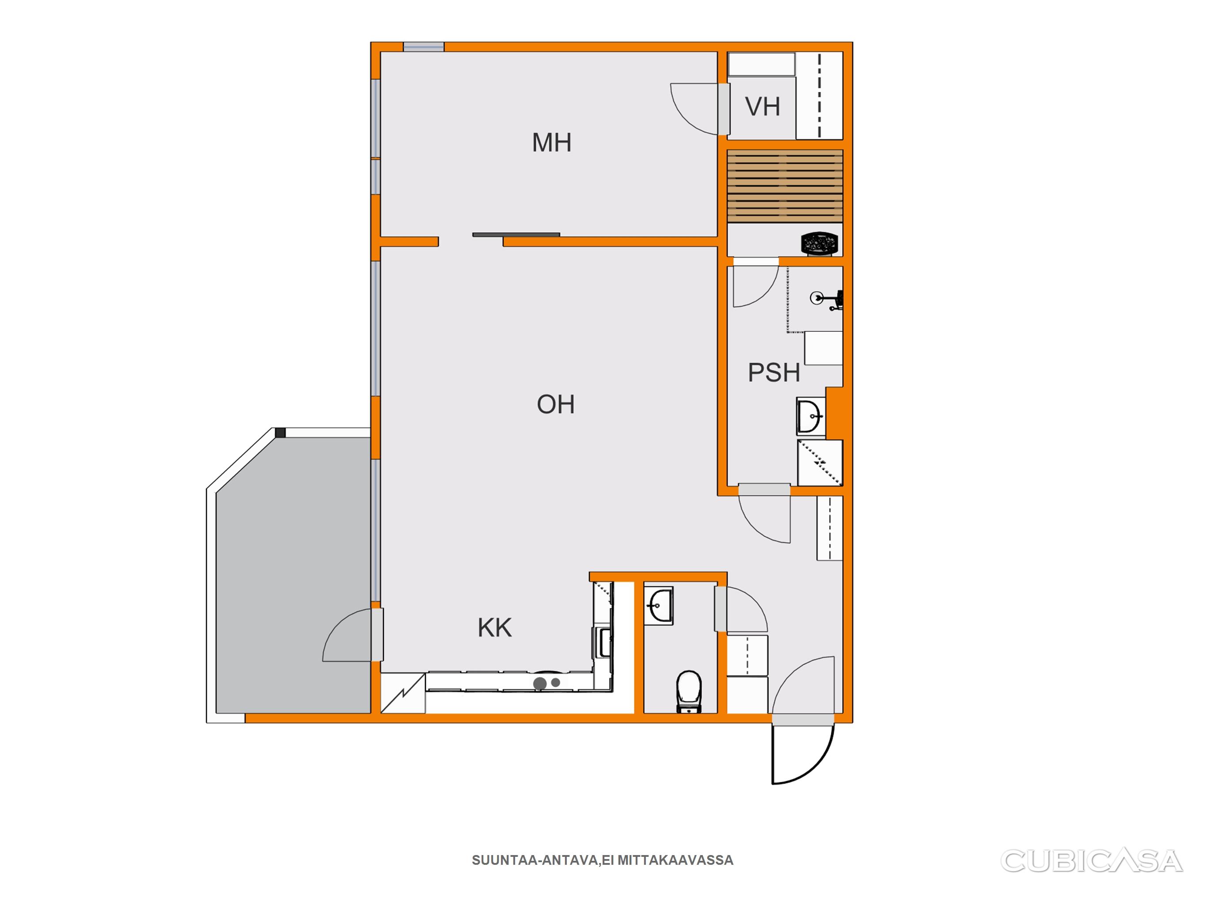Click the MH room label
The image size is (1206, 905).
tap(552, 142)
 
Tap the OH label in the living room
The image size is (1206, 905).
tap(556, 404)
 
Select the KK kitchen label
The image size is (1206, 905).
tap(494, 628)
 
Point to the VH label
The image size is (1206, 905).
tap(762, 106)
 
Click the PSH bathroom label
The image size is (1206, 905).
tap(774, 373)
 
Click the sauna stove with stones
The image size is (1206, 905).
tap(819, 243)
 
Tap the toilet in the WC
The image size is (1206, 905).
tap(689, 691)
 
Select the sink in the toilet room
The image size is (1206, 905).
tap(659, 605)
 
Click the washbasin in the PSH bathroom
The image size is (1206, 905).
tap(811, 417)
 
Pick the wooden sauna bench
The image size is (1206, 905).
tap(785, 186)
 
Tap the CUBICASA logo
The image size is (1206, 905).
tap(1092, 860)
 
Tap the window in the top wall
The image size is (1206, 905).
tap(424, 47)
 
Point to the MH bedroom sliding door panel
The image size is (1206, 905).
tap(516, 235)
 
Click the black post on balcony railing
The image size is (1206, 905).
tap(280, 433)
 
